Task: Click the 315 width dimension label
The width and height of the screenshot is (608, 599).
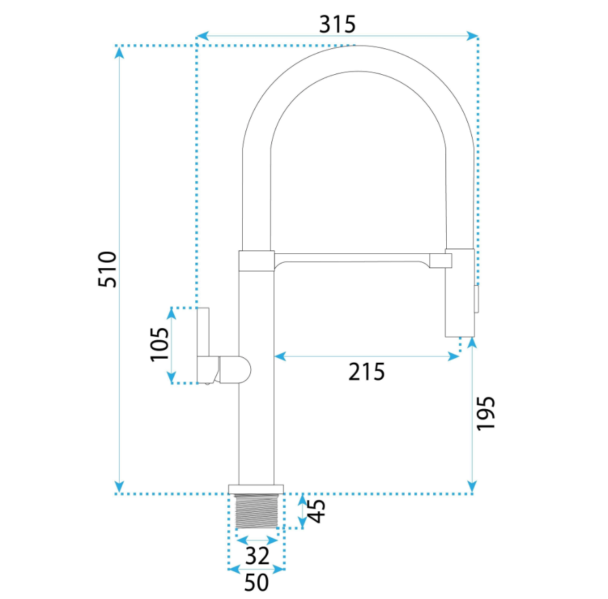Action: pos(337,25)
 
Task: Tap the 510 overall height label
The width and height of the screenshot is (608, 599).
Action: pos(107,270)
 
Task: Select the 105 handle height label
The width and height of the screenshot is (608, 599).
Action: pos(160,344)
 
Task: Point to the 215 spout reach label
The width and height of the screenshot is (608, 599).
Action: pos(367,372)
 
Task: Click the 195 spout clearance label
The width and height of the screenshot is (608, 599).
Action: pos(486,413)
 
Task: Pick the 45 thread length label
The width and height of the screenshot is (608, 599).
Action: pos(316,511)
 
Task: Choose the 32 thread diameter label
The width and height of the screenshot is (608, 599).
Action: pos(257,556)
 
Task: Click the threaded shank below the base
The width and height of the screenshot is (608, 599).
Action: pos(256,511)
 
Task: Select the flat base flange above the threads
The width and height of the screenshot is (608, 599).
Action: pos(256,489)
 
